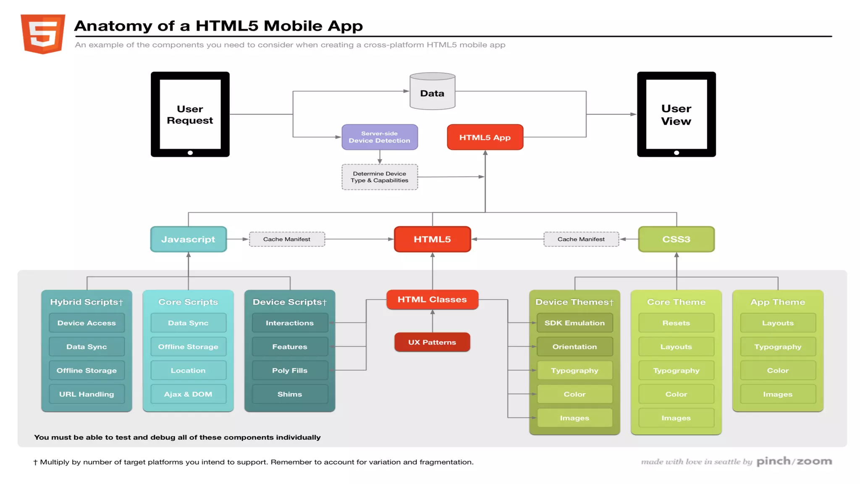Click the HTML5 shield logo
(43, 34)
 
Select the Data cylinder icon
(432, 91)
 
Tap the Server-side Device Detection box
(379, 137)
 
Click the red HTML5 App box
(485, 137)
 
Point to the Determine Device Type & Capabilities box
(379, 177)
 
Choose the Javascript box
(188, 239)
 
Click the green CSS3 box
(676, 239)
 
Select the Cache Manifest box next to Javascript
(287, 239)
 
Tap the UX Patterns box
(432, 342)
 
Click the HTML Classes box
(432, 300)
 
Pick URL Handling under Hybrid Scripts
(87, 394)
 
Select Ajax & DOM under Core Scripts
(188, 394)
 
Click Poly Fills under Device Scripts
(290, 371)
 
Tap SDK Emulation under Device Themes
(574, 323)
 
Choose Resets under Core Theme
(676, 323)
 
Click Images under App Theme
(778, 394)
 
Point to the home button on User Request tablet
(190, 153)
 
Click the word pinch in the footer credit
(773, 461)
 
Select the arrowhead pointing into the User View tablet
(633, 114)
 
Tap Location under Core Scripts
(188, 371)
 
